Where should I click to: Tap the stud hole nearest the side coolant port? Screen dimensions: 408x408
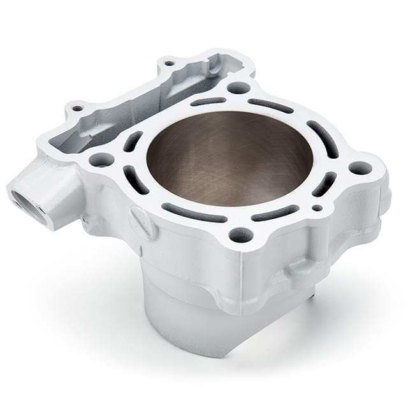(x=102, y=159)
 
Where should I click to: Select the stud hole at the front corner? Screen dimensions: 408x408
(x=240, y=234)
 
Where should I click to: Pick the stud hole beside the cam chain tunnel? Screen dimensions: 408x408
(x=238, y=87)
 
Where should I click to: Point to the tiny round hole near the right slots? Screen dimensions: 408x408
(x=317, y=207)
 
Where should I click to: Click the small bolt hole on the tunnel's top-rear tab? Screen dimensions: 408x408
(x=169, y=63)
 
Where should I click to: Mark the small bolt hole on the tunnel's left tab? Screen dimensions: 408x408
(x=77, y=108)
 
